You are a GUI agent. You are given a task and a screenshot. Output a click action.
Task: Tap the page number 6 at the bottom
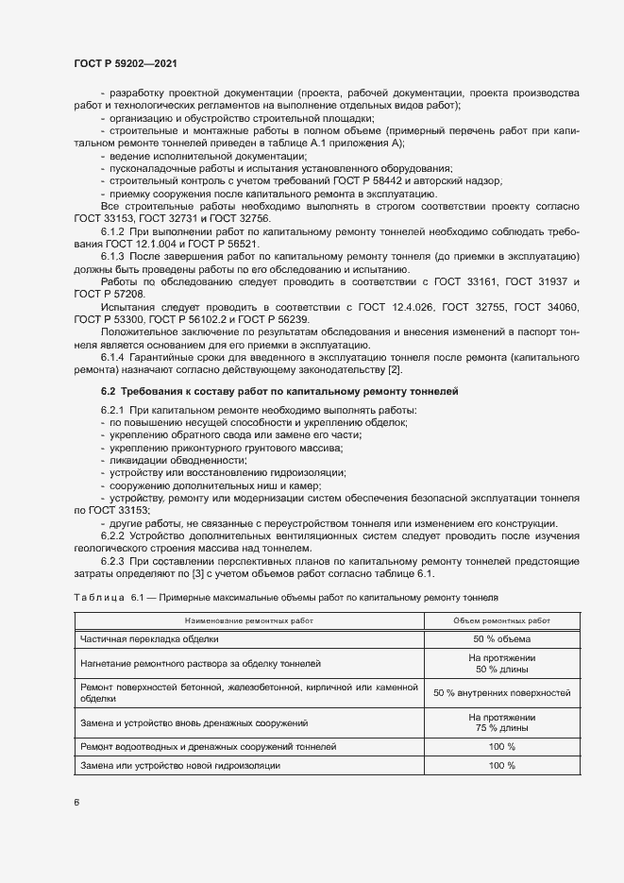click(x=76, y=803)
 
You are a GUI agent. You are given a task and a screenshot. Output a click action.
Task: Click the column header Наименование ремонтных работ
click(x=249, y=620)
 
